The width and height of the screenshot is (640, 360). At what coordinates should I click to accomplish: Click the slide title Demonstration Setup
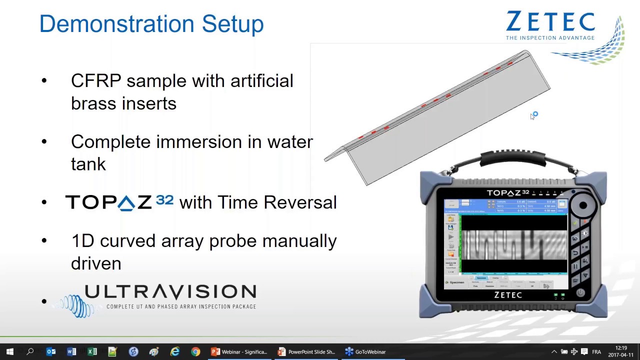pyautogui.click(x=151, y=24)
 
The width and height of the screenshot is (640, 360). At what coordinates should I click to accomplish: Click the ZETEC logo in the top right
pyautogui.click(x=550, y=22)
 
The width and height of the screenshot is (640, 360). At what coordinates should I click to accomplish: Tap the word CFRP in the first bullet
pyautogui.click(x=96, y=81)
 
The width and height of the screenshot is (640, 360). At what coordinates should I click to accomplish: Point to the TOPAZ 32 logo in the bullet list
pyautogui.click(x=119, y=202)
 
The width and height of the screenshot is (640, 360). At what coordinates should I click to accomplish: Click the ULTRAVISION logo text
pyautogui.click(x=170, y=292)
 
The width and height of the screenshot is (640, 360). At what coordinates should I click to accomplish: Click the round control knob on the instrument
pyautogui.click(x=582, y=205)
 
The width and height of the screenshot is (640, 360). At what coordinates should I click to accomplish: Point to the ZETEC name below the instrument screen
pyautogui.click(x=508, y=295)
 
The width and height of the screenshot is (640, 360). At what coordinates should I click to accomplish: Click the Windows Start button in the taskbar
pyautogui.click(x=10, y=351)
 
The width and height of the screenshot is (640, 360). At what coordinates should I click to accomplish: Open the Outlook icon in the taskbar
pyautogui.click(x=51, y=351)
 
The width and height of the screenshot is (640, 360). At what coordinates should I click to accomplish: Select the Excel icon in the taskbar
pyautogui.click(x=92, y=351)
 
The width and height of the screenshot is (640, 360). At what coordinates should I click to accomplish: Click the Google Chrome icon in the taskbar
pyautogui.click(x=195, y=351)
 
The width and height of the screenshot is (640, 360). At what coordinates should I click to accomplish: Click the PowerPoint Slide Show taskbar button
pyautogui.click(x=306, y=351)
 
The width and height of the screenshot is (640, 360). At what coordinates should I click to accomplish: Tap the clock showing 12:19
pyautogui.click(x=621, y=348)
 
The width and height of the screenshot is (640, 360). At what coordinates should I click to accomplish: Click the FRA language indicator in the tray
pyautogui.click(x=596, y=351)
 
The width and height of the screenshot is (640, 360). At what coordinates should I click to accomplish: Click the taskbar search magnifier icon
pyautogui.click(x=30, y=351)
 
